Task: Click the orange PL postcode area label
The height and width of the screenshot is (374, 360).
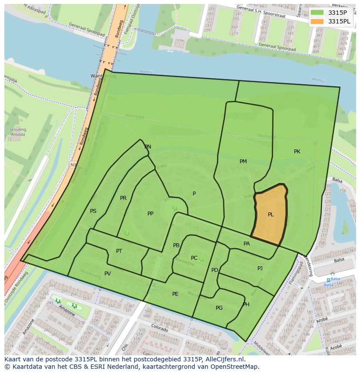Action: point(270,215)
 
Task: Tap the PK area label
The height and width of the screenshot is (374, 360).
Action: point(297,152)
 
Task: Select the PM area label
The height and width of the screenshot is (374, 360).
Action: point(243,162)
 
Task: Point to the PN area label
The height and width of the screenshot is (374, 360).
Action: point(148,147)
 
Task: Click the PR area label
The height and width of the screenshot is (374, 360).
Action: point(123,198)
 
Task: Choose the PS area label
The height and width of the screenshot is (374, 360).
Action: point(93,211)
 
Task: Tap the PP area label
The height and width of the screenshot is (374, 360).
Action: point(150,214)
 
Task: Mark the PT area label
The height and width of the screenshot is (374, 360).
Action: point(119,251)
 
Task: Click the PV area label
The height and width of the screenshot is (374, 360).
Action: point(107,274)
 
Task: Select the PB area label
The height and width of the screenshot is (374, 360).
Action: point(176,245)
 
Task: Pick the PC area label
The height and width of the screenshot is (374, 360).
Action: point(194,258)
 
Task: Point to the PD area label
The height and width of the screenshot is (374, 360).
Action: point(214,270)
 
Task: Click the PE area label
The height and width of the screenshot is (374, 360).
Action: point(175,294)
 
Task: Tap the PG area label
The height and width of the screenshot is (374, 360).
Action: point(219,308)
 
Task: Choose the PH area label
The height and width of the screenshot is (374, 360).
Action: point(246,304)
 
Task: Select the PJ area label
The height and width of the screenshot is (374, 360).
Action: point(260,268)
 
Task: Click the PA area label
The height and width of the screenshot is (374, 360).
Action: point(247,244)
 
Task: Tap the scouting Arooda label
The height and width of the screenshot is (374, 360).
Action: point(18,132)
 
